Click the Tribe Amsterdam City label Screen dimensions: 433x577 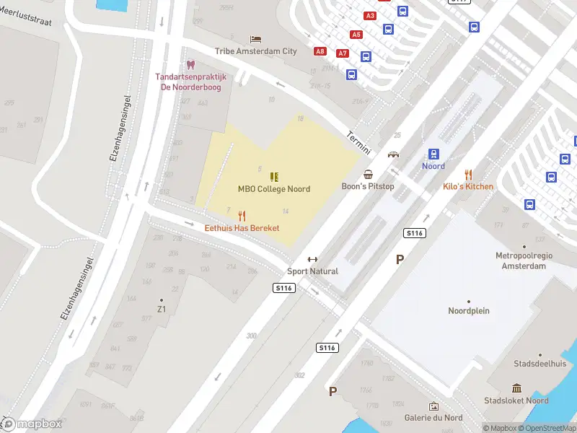point(255,51)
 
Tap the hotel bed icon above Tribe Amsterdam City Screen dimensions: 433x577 point(255,39)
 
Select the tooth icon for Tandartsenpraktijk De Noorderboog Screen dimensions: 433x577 point(191,65)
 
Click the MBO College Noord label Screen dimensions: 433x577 point(274,189)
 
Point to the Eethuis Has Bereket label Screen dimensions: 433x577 point(242,228)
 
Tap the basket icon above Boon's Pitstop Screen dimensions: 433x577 point(369,174)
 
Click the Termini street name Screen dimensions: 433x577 point(358,142)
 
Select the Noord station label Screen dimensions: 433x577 point(433,166)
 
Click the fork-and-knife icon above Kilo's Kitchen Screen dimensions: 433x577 point(468,174)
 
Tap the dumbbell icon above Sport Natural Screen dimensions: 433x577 point(312,260)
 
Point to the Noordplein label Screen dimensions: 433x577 point(469,311)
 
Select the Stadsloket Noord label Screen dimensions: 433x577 point(516,401)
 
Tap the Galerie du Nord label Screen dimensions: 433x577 point(433,418)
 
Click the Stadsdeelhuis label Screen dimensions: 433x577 point(539,364)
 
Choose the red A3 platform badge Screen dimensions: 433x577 point(371,15)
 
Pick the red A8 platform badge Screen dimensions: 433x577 point(320,51)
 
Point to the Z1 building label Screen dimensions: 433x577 point(162,310)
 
